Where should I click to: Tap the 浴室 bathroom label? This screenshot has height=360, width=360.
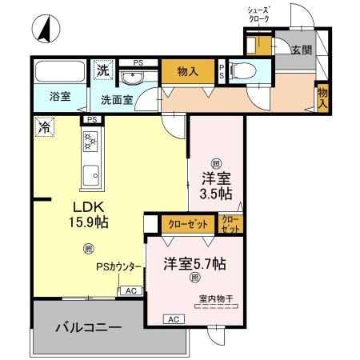60,98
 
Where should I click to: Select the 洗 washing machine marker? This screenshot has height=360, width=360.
102,70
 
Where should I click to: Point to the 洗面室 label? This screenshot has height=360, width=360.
116,101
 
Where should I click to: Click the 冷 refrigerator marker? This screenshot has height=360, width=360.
42,126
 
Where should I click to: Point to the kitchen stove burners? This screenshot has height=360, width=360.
90,142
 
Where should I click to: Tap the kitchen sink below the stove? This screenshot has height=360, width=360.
90,172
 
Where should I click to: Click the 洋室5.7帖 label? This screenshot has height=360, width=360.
194,262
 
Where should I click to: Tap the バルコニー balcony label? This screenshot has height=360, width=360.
88,328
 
